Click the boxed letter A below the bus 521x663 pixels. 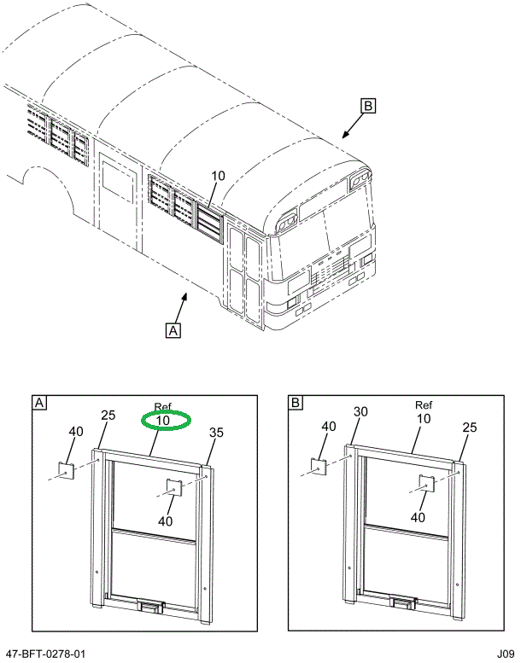tap(173, 329)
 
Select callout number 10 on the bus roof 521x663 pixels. tap(218, 177)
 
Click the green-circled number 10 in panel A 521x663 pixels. tap(163, 421)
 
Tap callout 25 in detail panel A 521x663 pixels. tap(108, 416)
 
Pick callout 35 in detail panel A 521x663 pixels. tap(216, 433)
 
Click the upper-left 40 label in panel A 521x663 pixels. tap(76, 432)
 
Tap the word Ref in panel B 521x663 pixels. tap(424, 405)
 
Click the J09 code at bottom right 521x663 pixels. tap(504, 654)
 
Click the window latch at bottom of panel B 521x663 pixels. tap(401, 604)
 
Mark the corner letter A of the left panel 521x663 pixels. tap(38, 403)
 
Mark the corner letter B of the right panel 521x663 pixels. tap(296, 403)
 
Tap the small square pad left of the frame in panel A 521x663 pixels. tap(67, 469)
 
